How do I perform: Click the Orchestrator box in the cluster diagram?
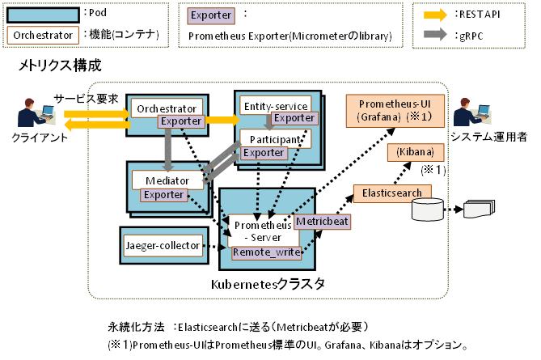click(166, 108)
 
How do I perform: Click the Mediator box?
click(162, 180)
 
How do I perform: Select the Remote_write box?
click(266, 252)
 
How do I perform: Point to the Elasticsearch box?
click(391, 193)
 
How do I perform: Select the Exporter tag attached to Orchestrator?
click(181, 121)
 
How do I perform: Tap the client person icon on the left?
click(32, 116)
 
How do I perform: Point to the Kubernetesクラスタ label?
click(268, 284)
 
